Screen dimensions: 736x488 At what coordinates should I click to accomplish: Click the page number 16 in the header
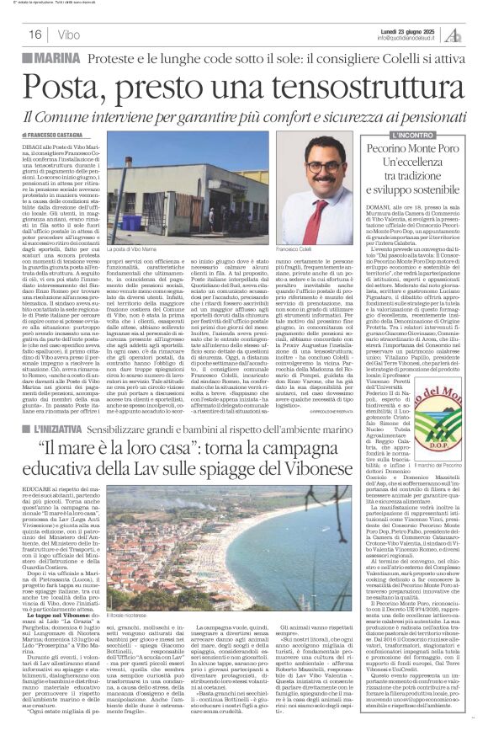(x=36, y=34)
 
